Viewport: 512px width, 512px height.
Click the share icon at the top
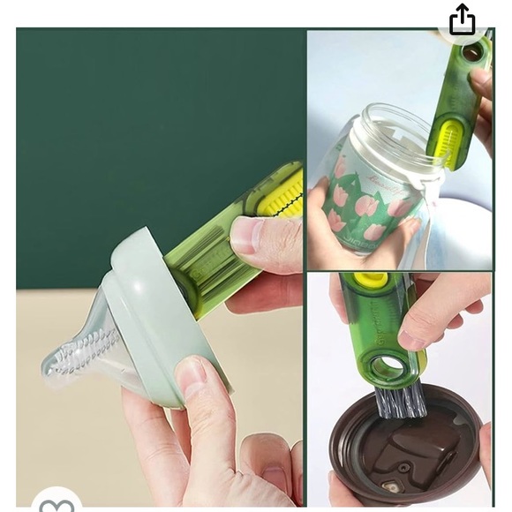[462, 19]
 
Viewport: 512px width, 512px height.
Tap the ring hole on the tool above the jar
[473, 52]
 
